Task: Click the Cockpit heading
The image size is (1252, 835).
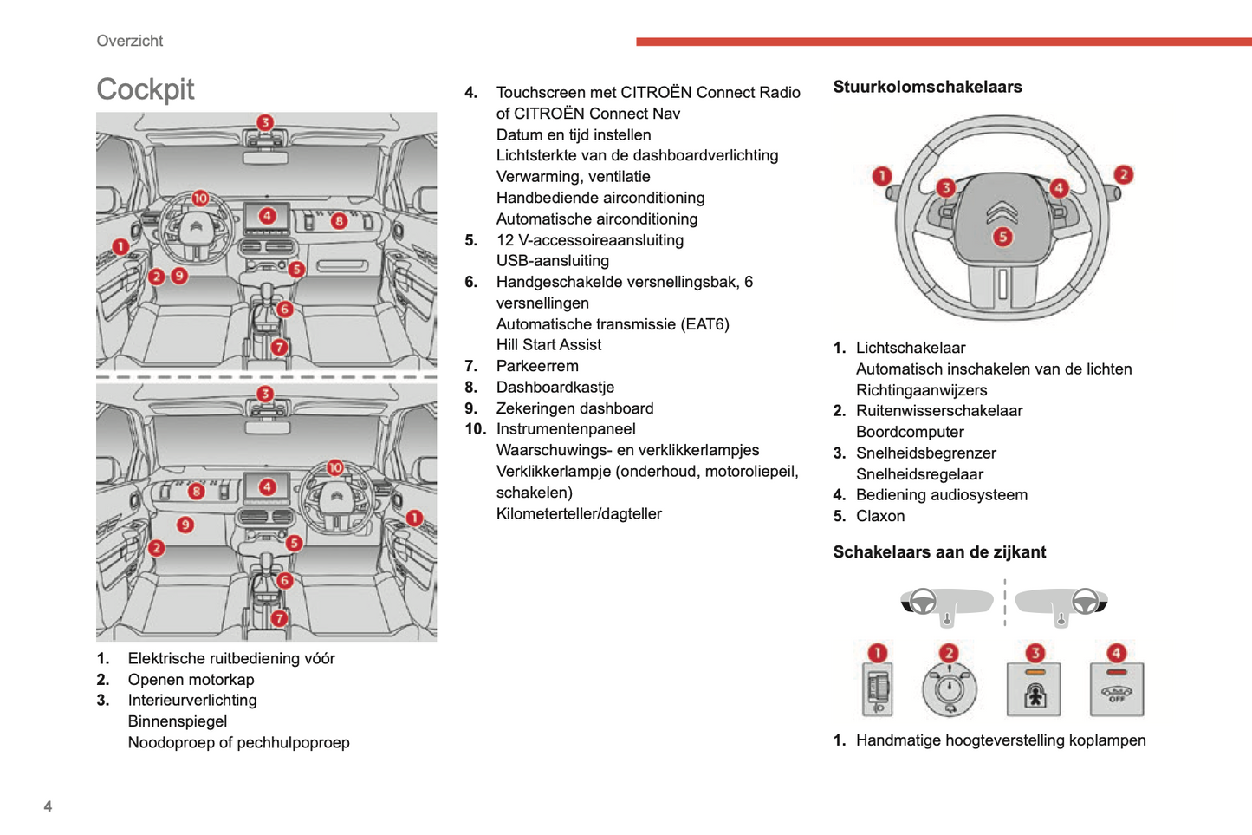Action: tap(145, 89)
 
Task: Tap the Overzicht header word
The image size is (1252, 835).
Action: tap(129, 41)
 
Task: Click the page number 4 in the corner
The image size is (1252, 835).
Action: tap(48, 806)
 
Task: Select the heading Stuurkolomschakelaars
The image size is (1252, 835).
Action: tap(927, 87)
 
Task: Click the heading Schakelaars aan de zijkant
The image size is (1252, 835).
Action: tap(939, 552)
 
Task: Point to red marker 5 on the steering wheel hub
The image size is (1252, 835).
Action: tap(1002, 236)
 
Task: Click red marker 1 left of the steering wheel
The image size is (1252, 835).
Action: tap(881, 176)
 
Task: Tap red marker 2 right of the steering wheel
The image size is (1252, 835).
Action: tap(1123, 174)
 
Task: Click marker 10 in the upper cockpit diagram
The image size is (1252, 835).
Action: tap(200, 199)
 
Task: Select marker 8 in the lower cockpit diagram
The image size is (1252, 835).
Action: tap(197, 492)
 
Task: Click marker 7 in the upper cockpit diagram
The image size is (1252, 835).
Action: tap(279, 347)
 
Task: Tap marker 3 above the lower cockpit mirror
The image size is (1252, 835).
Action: tap(265, 394)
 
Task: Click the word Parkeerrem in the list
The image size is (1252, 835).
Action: tap(537, 366)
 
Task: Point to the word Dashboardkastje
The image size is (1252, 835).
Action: tap(555, 387)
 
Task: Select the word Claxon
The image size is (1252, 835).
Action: tap(880, 516)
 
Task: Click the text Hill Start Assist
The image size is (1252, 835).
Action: tap(548, 345)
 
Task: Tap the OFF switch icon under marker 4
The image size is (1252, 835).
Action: tap(1116, 690)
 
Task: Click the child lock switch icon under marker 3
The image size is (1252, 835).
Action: tap(1035, 690)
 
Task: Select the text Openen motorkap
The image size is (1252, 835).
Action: tap(191, 680)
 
